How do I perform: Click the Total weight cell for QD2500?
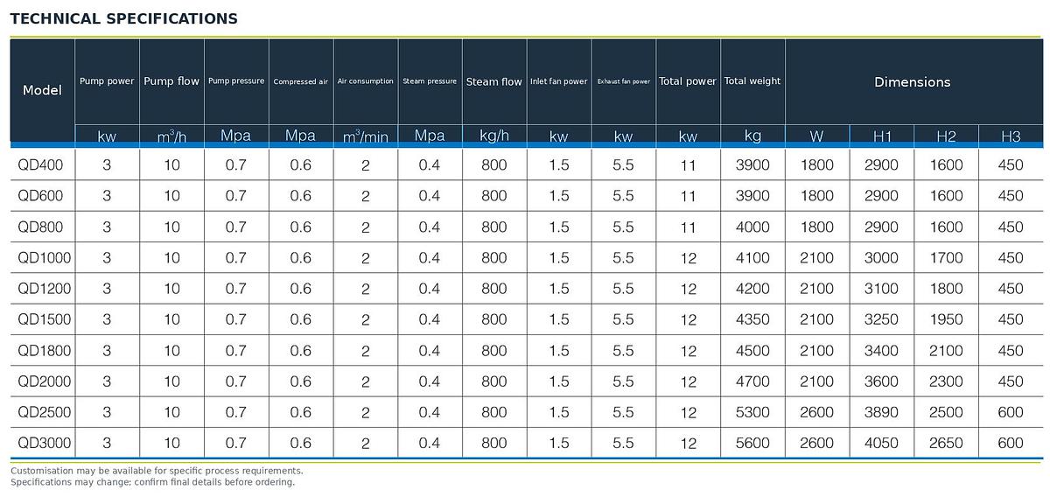[752, 412]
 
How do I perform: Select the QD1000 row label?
[44, 257]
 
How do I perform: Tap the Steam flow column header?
[494, 81]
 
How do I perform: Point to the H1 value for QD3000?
[881, 443]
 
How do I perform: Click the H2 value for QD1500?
[946, 319]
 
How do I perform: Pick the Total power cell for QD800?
[688, 227]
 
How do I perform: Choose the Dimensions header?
[912, 82]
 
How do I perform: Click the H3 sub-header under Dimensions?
[1011, 136]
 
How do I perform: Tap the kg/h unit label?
[494, 136]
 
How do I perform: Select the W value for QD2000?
[816, 381]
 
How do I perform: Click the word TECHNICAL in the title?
[55, 18]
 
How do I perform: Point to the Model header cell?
[42, 90]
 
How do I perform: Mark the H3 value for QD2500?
[1010, 412]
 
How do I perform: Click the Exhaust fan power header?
[623, 81]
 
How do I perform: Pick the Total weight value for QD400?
[752, 165]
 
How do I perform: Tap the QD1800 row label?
[44, 350]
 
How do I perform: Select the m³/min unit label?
[366, 136]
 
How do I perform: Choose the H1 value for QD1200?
[881, 289]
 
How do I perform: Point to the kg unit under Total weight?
[752, 136]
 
